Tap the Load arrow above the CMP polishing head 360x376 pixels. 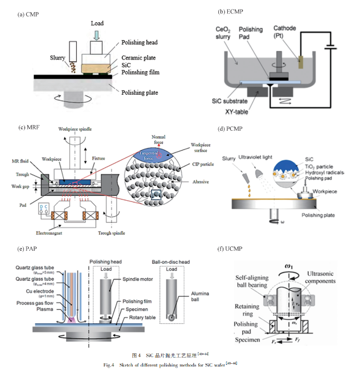click(x=97, y=34)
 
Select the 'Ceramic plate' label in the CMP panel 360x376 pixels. click(x=139, y=57)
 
